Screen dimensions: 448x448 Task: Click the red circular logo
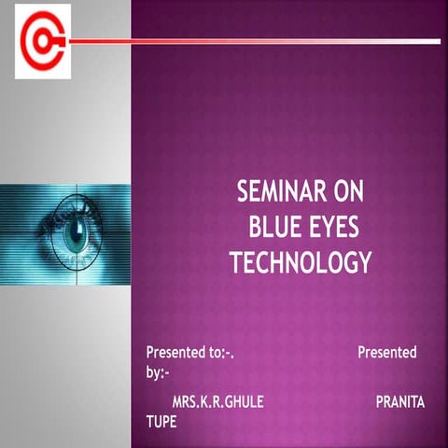click(x=43, y=41)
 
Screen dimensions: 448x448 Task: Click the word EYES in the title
click(x=338, y=228)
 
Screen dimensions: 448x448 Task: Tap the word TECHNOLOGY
click(x=300, y=262)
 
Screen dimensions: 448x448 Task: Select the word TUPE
click(x=161, y=421)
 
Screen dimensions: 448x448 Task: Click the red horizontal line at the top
click(x=252, y=41)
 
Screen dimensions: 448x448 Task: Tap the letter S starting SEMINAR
click(x=245, y=194)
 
